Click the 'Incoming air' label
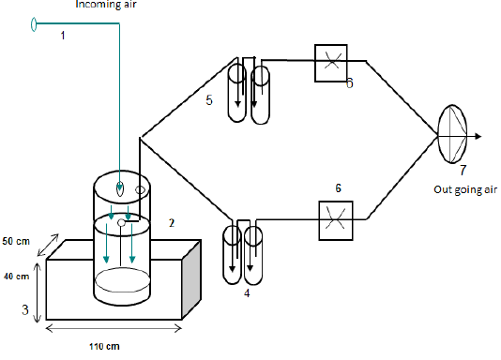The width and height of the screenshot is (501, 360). tap(106, 4)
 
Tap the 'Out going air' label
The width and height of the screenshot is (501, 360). tap(465, 189)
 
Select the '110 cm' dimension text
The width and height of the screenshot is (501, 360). tap(104, 346)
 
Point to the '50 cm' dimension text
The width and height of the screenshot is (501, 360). tap(16, 241)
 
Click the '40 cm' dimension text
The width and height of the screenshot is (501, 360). tap(16, 276)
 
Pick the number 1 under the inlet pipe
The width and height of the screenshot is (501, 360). tap(63, 35)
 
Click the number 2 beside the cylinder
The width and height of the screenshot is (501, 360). tap(172, 223)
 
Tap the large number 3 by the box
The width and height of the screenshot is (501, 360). tap(25, 309)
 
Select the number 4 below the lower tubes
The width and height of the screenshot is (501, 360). tap(247, 293)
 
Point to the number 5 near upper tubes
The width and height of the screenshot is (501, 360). tap(209, 100)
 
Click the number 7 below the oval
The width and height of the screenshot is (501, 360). tap(463, 170)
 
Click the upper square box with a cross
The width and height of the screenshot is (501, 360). tap(330, 63)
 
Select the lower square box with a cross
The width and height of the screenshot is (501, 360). tap(336, 220)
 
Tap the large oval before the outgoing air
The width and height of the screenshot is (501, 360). tap(438, 134)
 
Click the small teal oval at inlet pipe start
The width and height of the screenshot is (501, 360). tap(34, 24)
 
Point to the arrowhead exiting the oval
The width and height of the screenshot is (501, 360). tap(478, 136)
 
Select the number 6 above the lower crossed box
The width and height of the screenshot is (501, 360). tap(339, 188)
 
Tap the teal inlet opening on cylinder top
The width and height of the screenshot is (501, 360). tap(119, 188)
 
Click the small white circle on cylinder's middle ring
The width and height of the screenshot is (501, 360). tap(121, 223)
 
